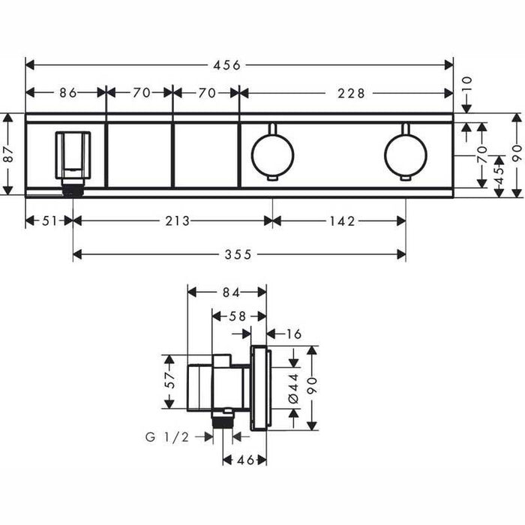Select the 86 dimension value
[68, 93]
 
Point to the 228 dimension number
[350, 93]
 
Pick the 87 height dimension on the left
[8, 154]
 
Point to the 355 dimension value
[239, 255]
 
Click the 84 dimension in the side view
[227, 292]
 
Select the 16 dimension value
[294, 334]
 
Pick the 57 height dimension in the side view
[170, 382]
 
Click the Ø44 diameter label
[293, 388]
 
